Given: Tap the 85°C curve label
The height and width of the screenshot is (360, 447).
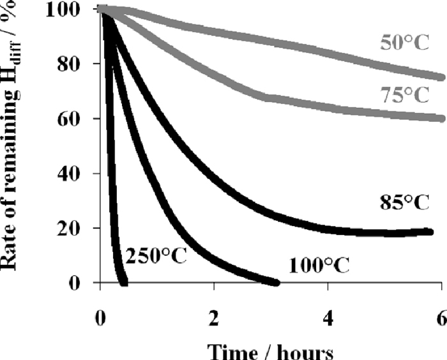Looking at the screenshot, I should (x=402, y=205).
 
